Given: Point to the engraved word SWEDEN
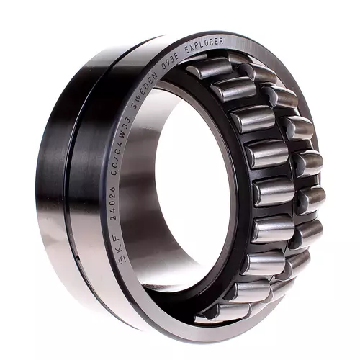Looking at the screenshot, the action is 145,91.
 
